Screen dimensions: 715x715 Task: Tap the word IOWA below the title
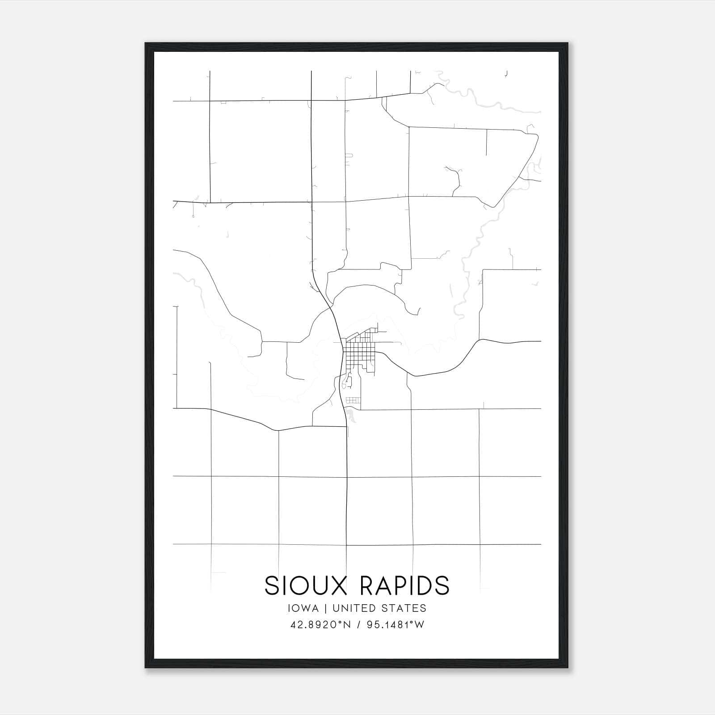click(303, 608)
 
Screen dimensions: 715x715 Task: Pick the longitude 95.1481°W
click(395, 625)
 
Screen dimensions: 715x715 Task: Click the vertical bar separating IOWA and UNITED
click(325, 608)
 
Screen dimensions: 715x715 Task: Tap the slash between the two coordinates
click(358, 625)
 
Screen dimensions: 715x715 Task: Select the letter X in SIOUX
click(339, 585)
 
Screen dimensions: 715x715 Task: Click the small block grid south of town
click(353, 400)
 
